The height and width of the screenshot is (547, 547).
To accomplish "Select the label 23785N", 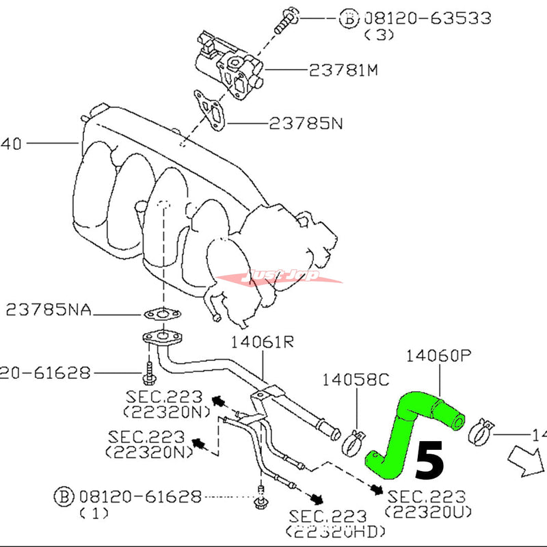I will (306, 124).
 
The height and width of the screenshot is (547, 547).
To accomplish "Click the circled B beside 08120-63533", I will (348, 18).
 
